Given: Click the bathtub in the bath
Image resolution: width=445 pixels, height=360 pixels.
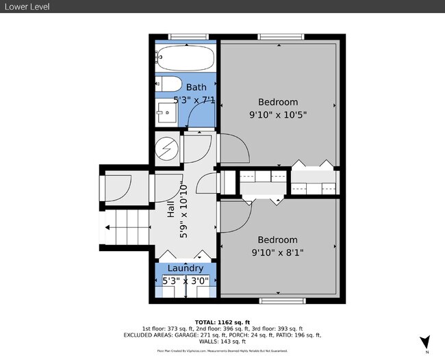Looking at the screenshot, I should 185,60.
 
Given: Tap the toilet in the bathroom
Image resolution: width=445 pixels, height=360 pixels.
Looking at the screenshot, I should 168,85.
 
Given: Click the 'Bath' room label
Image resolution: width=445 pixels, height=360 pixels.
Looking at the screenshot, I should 196,87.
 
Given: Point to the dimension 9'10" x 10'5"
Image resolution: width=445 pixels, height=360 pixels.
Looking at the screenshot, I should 277,115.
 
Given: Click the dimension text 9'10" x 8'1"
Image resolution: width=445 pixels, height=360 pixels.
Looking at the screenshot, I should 277,252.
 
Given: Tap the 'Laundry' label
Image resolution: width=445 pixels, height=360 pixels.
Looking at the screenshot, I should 185,268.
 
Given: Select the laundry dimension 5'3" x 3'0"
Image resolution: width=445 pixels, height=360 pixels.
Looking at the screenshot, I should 185,281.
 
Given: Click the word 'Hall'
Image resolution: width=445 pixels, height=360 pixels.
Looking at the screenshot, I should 171,209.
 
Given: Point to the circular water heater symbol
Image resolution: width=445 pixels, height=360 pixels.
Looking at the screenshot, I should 166,149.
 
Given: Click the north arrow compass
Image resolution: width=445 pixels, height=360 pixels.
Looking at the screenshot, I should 424,342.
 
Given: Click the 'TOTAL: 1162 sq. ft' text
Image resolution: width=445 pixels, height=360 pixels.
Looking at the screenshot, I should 222,321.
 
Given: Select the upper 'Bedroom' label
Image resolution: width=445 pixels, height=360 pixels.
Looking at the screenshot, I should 277,103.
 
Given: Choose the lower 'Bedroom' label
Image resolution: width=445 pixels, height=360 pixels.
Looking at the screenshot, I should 277,240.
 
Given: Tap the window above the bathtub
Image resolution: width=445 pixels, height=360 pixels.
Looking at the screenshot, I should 185,37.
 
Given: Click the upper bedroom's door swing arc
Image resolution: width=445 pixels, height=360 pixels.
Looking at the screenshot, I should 233,147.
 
